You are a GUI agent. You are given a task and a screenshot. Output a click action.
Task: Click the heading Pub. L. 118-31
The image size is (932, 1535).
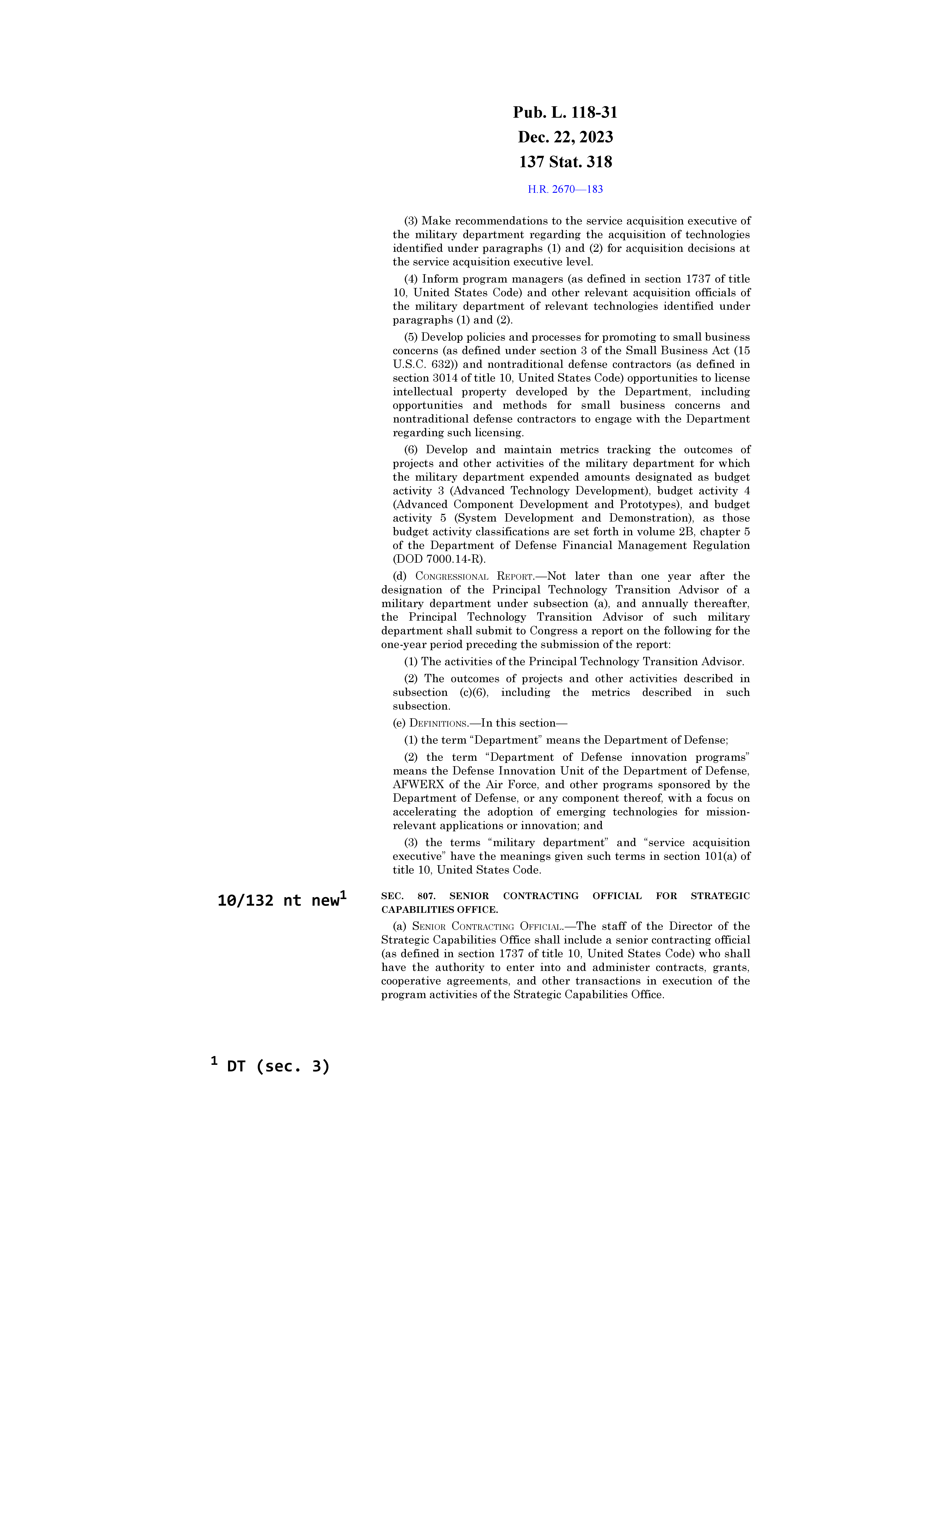(x=565, y=113)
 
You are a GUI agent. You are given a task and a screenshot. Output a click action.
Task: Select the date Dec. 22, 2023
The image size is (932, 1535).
(x=565, y=137)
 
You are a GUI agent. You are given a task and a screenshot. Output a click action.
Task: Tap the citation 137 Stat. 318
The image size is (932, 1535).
(x=565, y=162)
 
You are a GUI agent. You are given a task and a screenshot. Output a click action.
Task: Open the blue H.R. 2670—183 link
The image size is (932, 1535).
(x=565, y=189)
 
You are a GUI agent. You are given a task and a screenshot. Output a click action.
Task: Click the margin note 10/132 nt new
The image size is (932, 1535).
(x=279, y=900)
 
